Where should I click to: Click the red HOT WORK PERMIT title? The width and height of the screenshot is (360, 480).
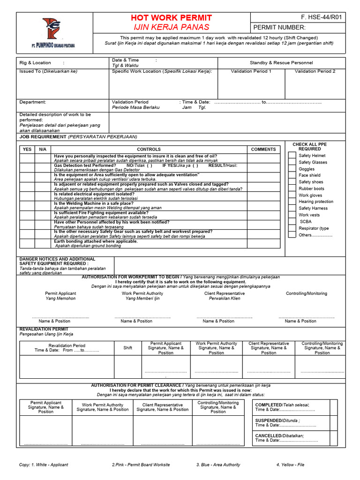click(x=171, y=18)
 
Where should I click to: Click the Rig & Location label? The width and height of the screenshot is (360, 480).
click(x=35, y=63)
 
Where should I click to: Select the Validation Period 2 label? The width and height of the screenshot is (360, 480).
click(x=315, y=71)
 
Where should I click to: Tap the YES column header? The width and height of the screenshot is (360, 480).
click(x=27, y=150)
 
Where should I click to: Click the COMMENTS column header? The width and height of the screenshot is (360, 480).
click(x=263, y=150)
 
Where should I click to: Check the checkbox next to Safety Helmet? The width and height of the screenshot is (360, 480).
click(x=291, y=156)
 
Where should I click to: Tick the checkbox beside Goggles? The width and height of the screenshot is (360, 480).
click(x=291, y=169)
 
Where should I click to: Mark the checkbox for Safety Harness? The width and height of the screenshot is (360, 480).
click(x=291, y=208)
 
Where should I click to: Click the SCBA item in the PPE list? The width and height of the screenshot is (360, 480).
click(x=305, y=222)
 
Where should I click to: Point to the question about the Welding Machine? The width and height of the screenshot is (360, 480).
click(x=93, y=203)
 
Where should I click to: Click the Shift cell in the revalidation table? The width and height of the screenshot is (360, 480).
click(x=127, y=348)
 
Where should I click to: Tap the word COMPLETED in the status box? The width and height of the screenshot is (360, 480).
click(x=268, y=405)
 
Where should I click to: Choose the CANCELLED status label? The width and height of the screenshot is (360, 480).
click(x=268, y=435)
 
